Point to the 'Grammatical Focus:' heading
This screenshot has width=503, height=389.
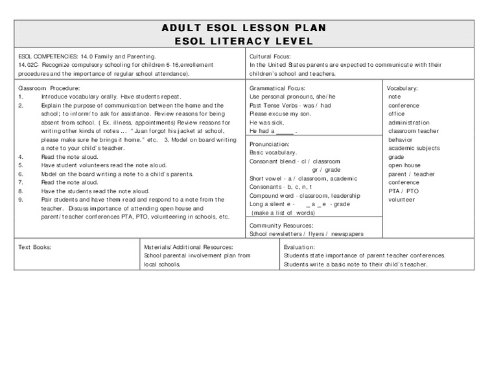pyautogui.click(x=277, y=88)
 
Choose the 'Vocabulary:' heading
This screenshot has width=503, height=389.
pyautogui.click(x=403, y=88)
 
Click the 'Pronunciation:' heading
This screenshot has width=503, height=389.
pyautogui.click(x=270, y=143)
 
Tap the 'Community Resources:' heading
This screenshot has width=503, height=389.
pyautogui.click(x=281, y=225)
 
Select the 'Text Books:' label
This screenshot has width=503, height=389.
pyautogui.click(x=35, y=247)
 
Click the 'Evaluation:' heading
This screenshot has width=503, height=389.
pyautogui.click(x=299, y=247)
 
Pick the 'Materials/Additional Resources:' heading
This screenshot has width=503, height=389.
pyautogui.click(x=189, y=247)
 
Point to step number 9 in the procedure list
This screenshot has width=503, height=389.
pyautogui.click(x=21, y=200)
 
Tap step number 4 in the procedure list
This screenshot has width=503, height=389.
pyautogui.click(x=21, y=157)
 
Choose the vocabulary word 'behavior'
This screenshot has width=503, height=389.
pyautogui.click(x=401, y=139)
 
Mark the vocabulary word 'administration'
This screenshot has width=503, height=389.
pyautogui.click(x=409, y=123)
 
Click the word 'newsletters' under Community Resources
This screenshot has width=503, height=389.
pyautogui.click(x=288, y=233)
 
